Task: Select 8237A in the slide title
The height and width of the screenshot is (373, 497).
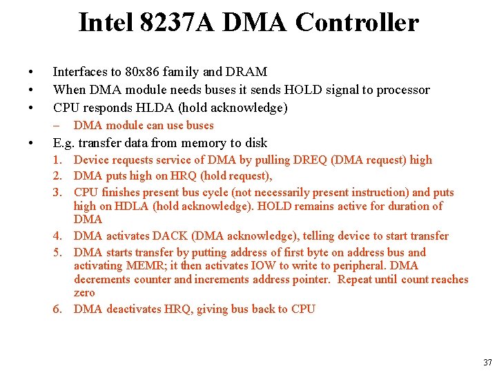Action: pos(176,23)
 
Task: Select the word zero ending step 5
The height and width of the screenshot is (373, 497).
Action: pos(84,293)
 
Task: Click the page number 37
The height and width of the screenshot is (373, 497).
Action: pos(487,362)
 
